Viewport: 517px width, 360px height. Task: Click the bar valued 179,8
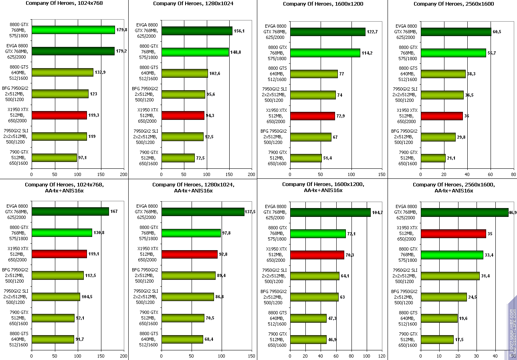pyautogui.click(x=73, y=30)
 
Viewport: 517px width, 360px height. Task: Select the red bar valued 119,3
pyautogui.click(x=59, y=115)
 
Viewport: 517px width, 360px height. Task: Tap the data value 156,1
pyautogui.click(x=239, y=30)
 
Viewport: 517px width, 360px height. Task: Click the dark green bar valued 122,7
pyautogui.click(x=327, y=32)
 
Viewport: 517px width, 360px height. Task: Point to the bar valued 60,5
pyautogui.click(x=456, y=32)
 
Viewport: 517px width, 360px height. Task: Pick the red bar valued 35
pyautogui.click(x=453, y=234)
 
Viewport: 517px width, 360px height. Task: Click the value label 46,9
pyautogui.click(x=512, y=212)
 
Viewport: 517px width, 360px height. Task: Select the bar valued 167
pyautogui.click(x=70, y=211)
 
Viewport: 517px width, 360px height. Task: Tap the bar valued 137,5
pyautogui.click(x=203, y=212)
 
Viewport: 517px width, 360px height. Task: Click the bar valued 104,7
pyautogui.click(x=330, y=212)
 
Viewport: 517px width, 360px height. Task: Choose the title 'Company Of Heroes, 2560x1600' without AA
pyautogui.click(x=454, y=4)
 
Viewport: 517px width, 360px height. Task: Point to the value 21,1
pyautogui.click(x=451, y=158)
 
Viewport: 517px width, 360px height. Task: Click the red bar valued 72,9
pyautogui.click(x=312, y=116)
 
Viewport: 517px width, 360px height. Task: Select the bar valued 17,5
pyautogui.click(x=437, y=340)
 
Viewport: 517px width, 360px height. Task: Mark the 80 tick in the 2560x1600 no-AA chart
pyautogui.click(x=513, y=175)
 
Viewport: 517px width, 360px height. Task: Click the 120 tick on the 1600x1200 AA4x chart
pyautogui.click(x=382, y=356)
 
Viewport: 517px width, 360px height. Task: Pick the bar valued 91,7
pyautogui.click(x=53, y=339)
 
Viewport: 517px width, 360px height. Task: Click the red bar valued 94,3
pyautogui.click(x=183, y=115)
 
